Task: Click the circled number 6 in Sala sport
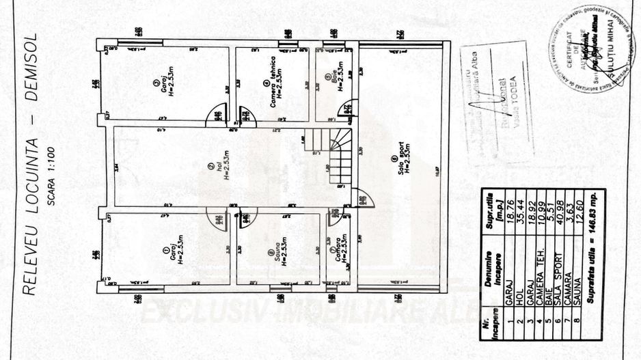pos(394,158)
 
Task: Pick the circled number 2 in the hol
pos(210,165)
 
